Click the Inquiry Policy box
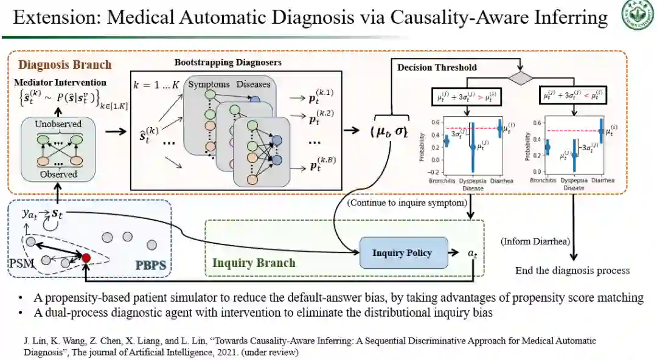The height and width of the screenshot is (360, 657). point(401,253)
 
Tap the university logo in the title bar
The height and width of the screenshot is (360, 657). point(636,16)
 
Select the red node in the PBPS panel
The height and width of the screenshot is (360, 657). point(86,258)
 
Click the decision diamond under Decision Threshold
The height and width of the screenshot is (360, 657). point(520,77)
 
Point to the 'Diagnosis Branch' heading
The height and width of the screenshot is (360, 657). point(65,64)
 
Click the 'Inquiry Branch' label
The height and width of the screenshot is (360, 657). point(254,263)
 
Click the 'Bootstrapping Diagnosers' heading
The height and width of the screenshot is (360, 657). point(228,63)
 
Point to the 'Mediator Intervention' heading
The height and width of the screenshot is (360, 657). point(60,82)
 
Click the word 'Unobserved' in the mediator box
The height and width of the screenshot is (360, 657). point(58,124)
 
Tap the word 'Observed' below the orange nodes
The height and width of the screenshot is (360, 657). point(58,175)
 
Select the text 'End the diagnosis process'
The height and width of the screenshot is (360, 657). point(572,271)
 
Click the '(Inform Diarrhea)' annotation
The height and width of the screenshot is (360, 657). point(536,241)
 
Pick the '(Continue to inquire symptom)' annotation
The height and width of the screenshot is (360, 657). point(407,203)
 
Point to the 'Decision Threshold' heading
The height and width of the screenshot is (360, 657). point(437,67)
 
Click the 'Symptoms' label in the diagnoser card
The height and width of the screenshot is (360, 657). point(209,84)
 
